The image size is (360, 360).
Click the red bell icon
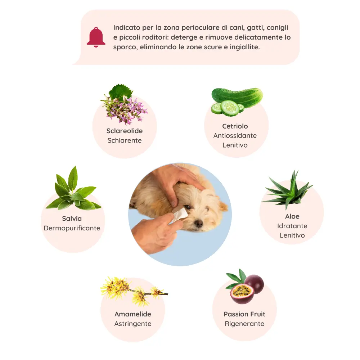[x=96, y=37]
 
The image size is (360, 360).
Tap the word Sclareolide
[x=125, y=131]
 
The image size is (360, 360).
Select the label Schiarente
[x=125, y=140]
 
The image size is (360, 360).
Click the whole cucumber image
[x=237, y=101]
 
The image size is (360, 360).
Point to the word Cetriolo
[x=235, y=126]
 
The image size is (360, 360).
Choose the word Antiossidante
[x=235, y=135]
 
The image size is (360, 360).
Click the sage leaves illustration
[x=73, y=189]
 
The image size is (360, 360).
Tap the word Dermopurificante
[x=72, y=228]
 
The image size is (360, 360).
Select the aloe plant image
[x=288, y=190]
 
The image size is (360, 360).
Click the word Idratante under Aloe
[x=292, y=226]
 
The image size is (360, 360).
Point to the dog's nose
[x=198, y=223]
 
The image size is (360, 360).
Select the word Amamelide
[x=133, y=314]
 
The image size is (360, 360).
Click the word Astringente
[x=133, y=324]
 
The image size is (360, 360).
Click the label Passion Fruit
[x=244, y=314]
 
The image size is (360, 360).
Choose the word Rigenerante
[x=244, y=324]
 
